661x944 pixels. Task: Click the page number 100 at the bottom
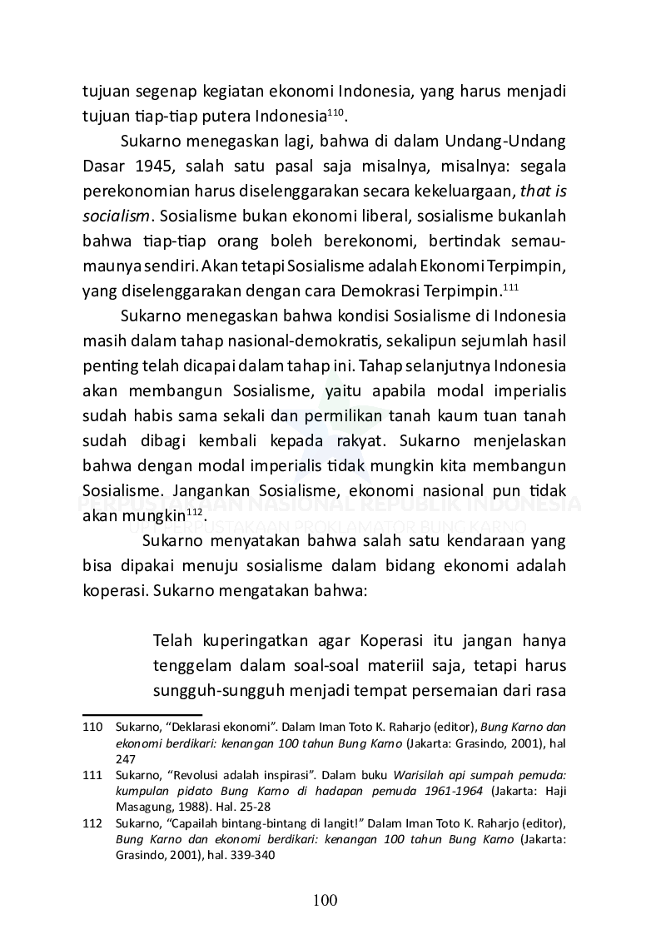pos(326,900)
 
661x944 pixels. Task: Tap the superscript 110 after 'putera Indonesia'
pos(335,112)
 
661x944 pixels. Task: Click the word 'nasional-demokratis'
pos(238,343)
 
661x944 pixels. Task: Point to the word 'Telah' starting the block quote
pos(174,641)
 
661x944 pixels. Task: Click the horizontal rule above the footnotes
pos(142,714)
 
